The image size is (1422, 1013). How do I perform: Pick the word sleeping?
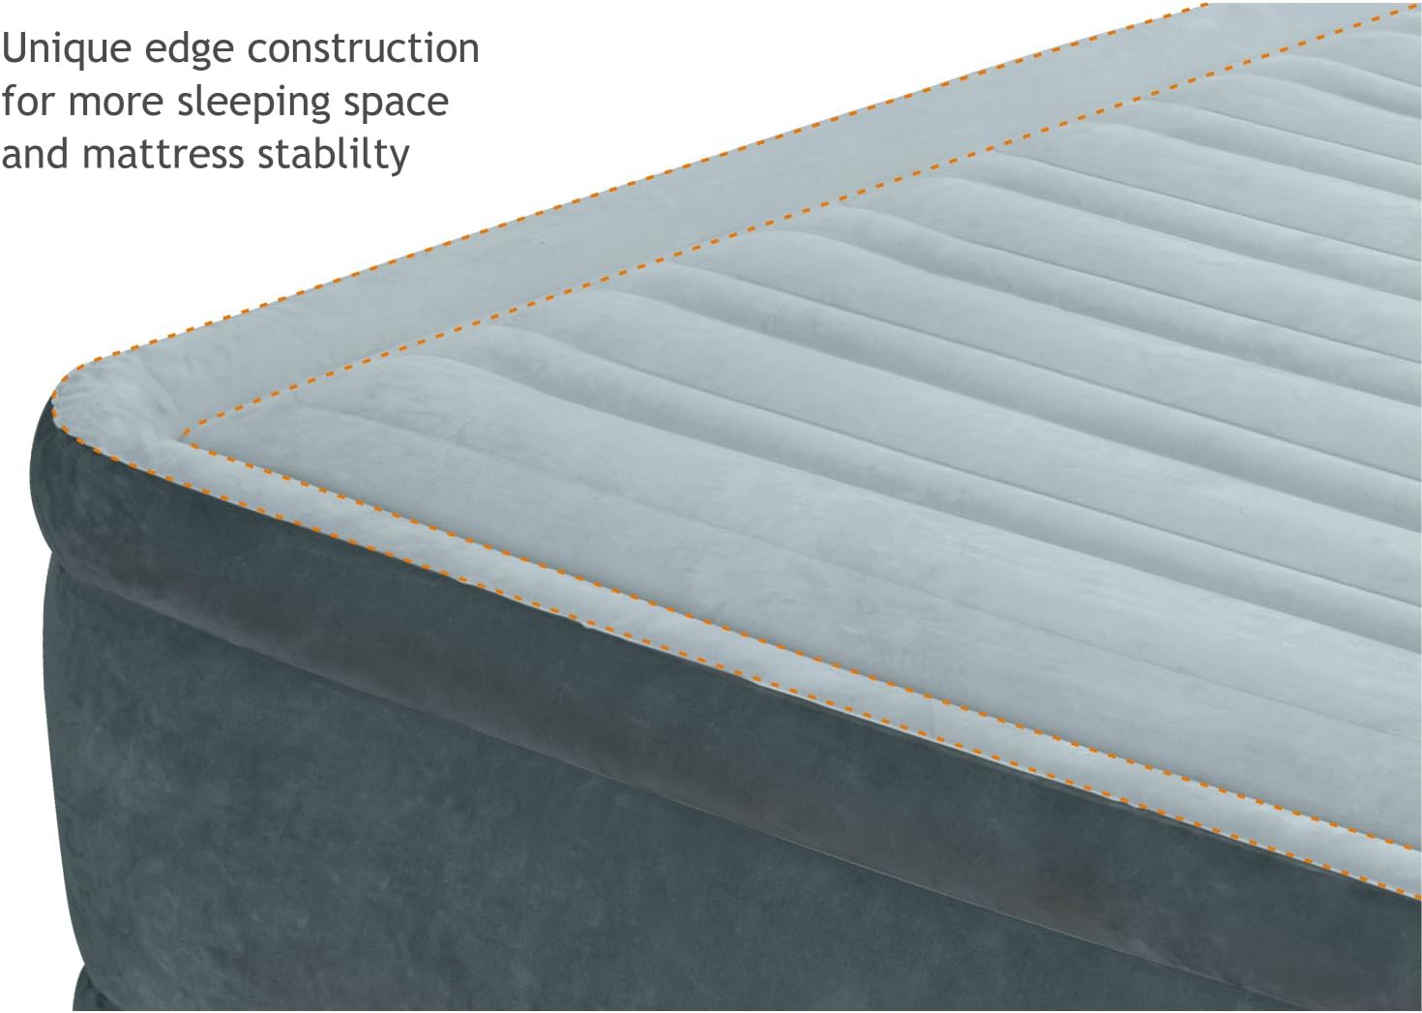coord(253,104)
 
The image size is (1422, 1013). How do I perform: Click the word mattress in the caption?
coord(163,156)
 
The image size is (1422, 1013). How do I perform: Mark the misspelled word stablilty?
coord(334,155)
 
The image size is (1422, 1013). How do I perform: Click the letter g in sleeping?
coord(318,110)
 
